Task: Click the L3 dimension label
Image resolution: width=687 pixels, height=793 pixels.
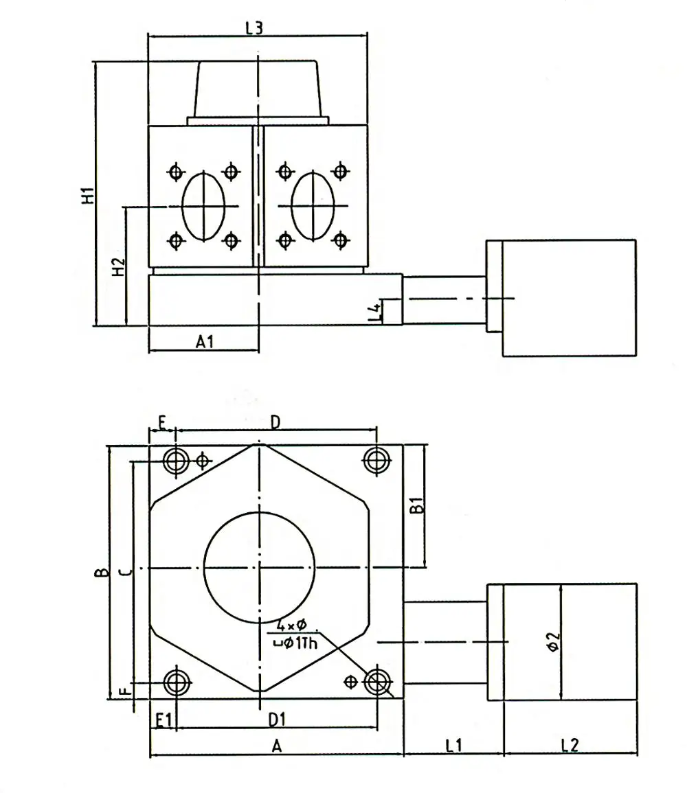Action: pyautogui.click(x=254, y=28)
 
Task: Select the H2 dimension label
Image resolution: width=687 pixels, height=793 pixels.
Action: pyautogui.click(x=118, y=266)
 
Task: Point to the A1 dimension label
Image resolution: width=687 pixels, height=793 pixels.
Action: pyautogui.click(x=205, y=341)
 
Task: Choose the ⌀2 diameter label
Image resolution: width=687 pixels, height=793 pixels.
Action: pyautogui.click(x=553, y=641)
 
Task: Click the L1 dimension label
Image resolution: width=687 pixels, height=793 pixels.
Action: pyautogui.click(x=453, y=744)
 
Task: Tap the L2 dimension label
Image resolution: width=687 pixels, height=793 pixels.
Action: pyautogui.click(x=570, y=744)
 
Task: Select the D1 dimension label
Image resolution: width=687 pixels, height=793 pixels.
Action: pyautogui.click(x=277, y=720)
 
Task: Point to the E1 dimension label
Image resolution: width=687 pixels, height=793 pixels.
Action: pyautogui.click(x=164, y=720)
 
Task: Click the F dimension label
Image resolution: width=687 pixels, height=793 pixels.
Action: pyautogui.click(x=124, y=691)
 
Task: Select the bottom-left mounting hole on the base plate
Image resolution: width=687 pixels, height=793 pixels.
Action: pyautogui.click(x=178, y=682)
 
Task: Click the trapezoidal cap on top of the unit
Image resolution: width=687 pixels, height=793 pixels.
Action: pyautogui.click(x=258, y=89)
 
